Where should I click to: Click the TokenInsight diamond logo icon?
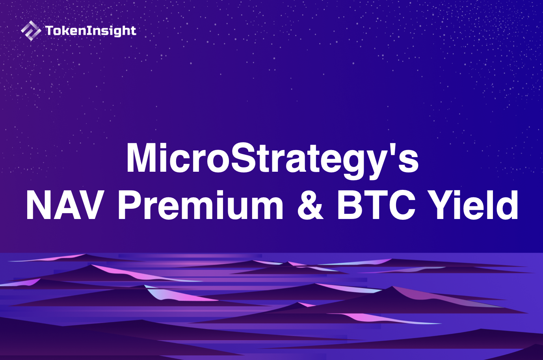(30, 31)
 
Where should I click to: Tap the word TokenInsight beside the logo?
(91, 31)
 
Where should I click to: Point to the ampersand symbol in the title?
(311, 205)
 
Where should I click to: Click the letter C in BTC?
(402, 205)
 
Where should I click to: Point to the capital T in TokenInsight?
(49, 30)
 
